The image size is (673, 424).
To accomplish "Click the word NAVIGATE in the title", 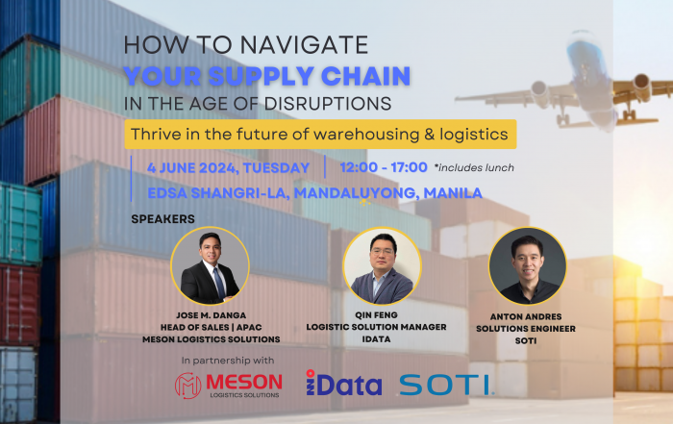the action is pos(304,44).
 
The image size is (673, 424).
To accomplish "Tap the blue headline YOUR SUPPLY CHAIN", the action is pos(267,76).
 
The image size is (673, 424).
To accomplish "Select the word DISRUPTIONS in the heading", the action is pos(328,104).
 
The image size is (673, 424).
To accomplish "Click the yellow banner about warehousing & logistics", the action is pos(320,135).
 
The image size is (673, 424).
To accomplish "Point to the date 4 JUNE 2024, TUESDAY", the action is pos(228,168).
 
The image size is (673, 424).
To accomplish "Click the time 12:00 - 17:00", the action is pos(384,167).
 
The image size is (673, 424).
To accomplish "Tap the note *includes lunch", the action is pos(474,168).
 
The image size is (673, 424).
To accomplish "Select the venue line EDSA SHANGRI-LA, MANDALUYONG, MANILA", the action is pos(314,193).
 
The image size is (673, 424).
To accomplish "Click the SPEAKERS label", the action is pos(162,219).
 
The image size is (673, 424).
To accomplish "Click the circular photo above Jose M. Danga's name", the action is pos(210,266).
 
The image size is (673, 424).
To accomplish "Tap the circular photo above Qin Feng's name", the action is pos(382,266).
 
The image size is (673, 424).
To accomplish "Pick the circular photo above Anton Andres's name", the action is pos(528,266).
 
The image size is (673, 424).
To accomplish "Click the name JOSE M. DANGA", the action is pos(211,315).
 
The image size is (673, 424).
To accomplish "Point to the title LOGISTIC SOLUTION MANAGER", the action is pos(376,327).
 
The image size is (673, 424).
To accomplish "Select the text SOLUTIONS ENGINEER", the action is pos(525,329).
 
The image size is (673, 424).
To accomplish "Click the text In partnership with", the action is pos(228,361).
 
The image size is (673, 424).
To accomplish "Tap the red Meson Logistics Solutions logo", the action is pos(229,385).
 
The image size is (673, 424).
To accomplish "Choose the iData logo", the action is pos(343,383).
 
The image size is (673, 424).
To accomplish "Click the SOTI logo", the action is pos(446,385).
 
